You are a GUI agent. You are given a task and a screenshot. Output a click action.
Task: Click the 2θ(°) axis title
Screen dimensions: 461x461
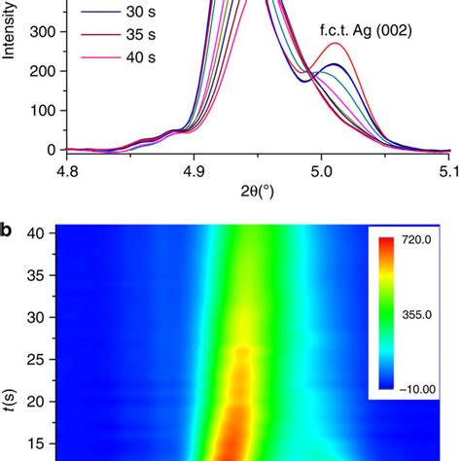257,194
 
